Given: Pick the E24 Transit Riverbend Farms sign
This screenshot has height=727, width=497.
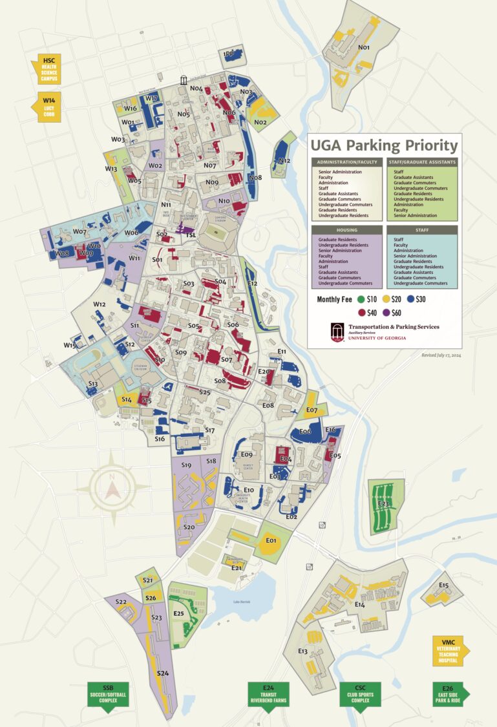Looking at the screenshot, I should (269, 696).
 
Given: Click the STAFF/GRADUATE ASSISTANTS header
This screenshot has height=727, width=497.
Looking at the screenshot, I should (422, 162).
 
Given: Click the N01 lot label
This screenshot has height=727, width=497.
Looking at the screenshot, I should (364, 47).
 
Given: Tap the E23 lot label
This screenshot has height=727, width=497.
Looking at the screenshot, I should (383, 503).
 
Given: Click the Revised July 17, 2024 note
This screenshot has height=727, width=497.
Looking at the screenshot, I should (439, 355).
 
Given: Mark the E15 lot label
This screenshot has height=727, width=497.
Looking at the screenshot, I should (443, 585).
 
